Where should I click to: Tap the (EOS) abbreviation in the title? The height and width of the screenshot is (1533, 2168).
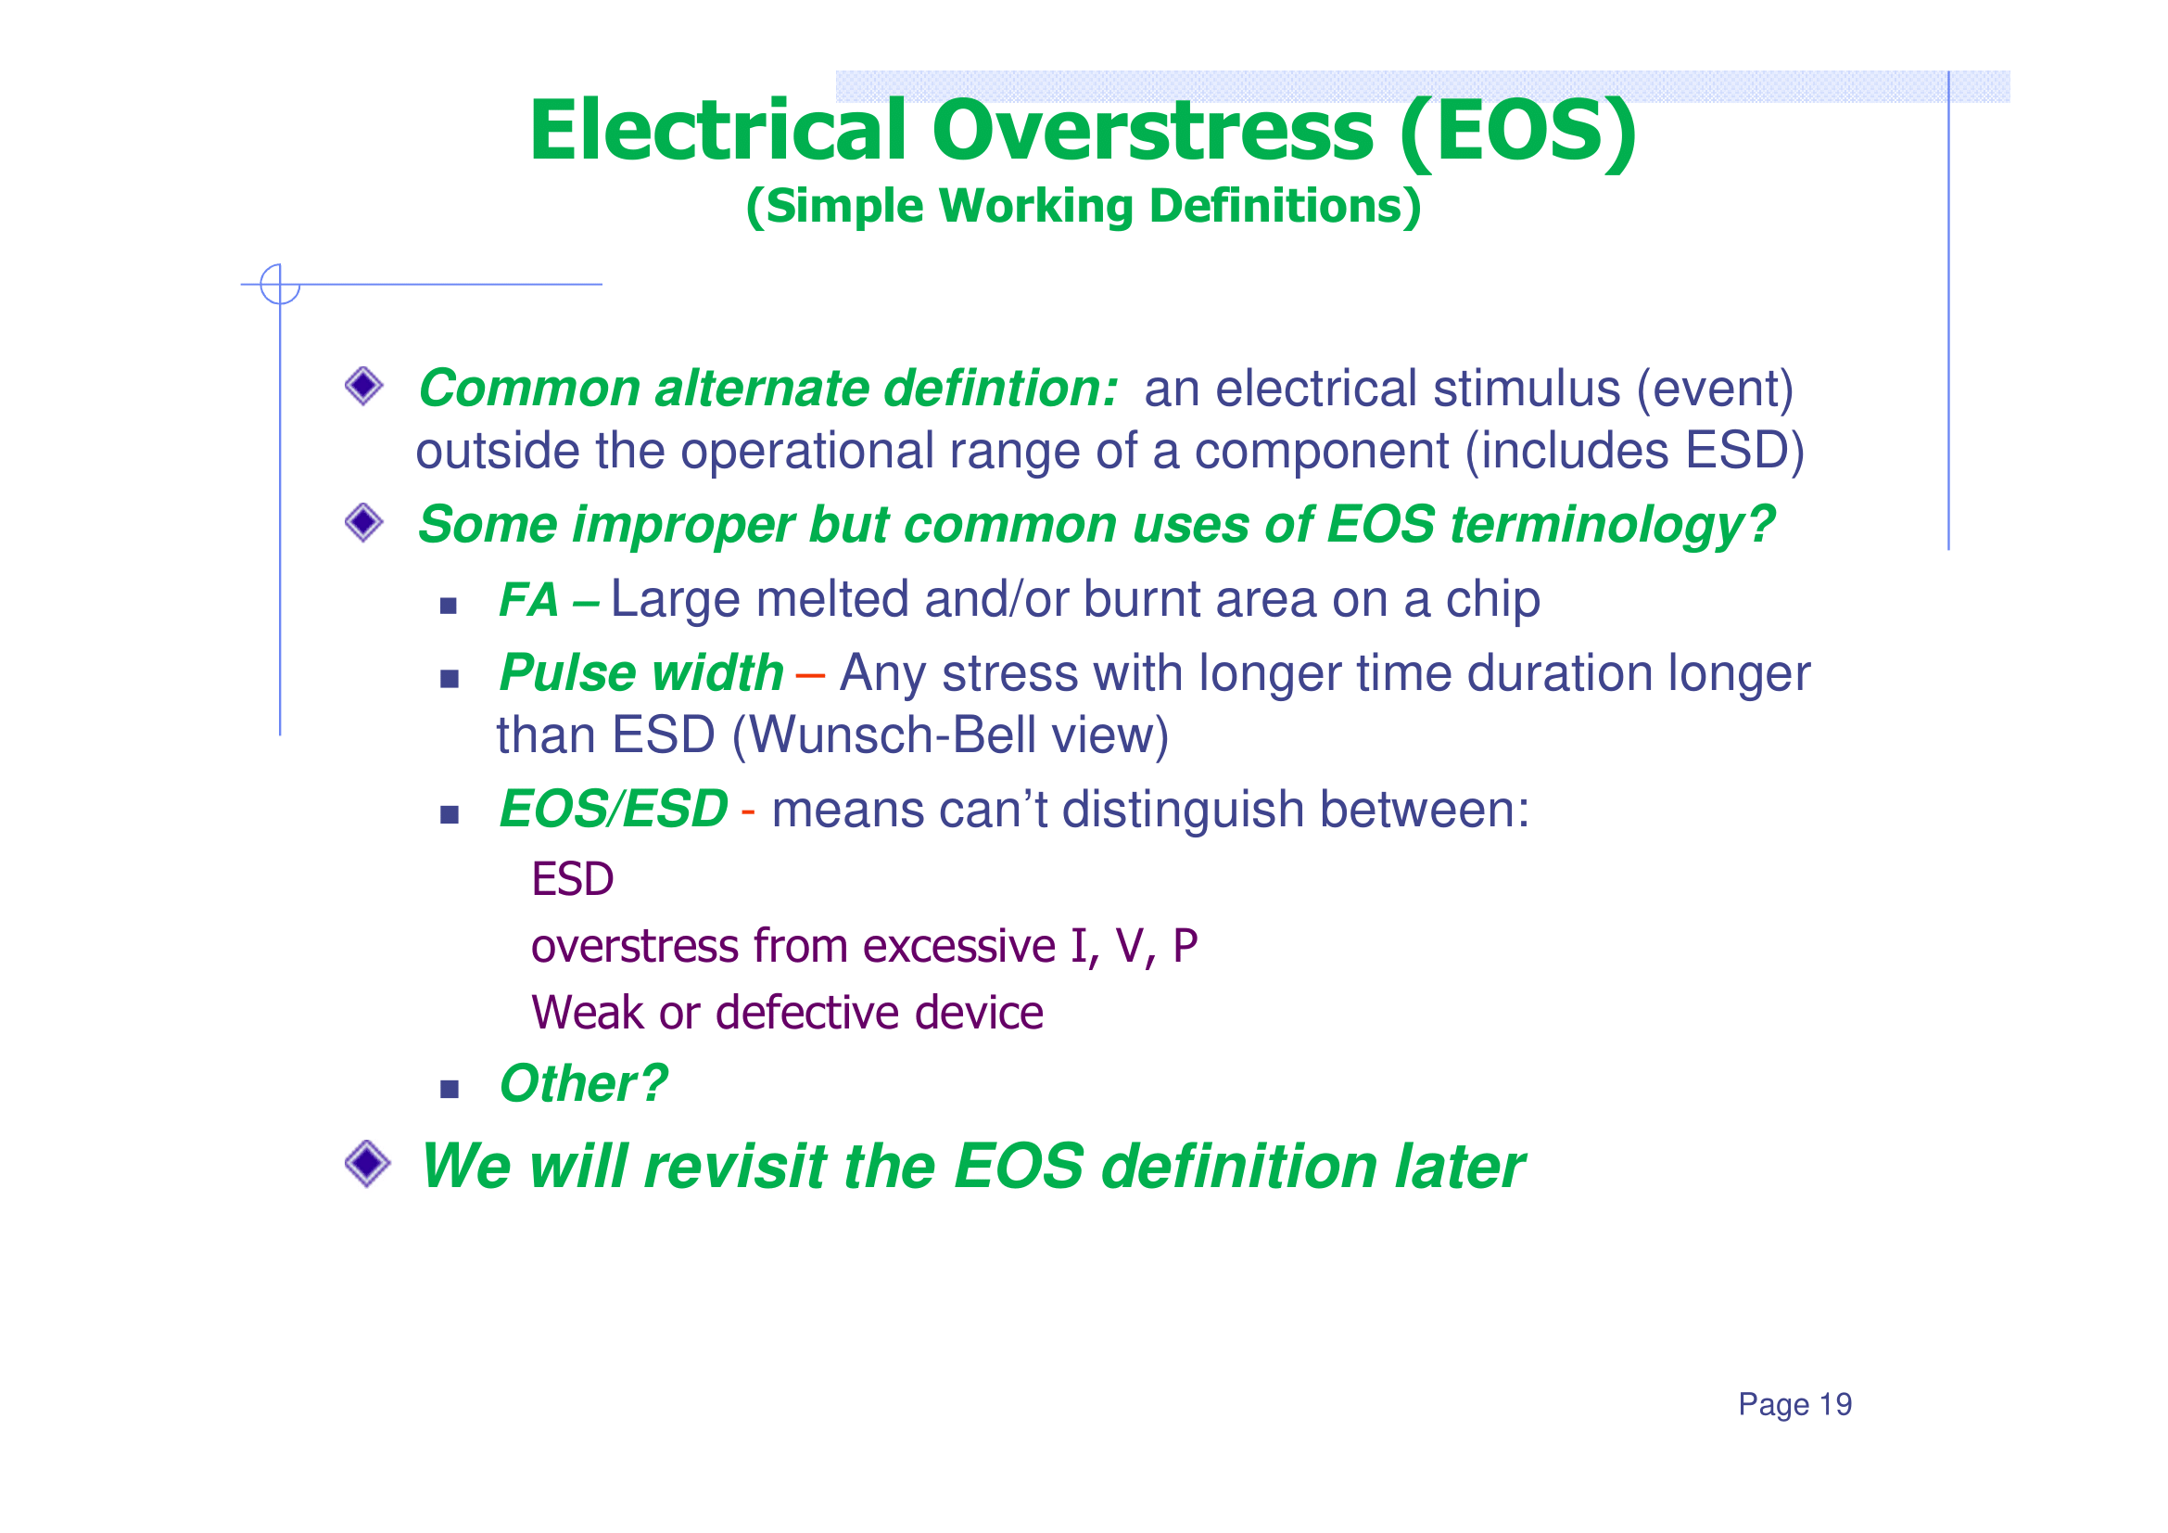[1517, 134]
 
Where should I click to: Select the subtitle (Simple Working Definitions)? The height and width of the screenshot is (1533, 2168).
[1083, 206]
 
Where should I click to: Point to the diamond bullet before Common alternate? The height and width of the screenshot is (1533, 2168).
[363, 386]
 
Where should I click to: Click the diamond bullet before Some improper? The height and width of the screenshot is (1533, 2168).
[363, 522]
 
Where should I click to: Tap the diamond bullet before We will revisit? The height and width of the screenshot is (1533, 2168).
[367, 1163]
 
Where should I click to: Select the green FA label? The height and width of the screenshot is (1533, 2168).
[528, 601]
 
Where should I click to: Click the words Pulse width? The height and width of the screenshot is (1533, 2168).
[640, 673]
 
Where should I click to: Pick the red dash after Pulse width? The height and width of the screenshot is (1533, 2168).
[810, 675]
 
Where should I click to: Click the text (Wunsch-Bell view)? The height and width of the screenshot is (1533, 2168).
[950, 735]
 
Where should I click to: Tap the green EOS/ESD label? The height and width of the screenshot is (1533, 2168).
[613, 810]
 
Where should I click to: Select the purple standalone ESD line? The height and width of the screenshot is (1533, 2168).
[572, 879]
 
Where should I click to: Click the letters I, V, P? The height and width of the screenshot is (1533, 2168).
[1133, 947]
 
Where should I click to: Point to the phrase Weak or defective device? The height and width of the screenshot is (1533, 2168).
[787, 1014]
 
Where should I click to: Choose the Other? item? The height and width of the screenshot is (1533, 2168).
[583, 1083]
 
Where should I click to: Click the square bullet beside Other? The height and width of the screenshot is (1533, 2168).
[450, 1090]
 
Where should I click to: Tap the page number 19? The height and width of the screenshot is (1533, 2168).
[1834, 1404]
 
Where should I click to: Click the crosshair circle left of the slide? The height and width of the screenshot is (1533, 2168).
[280, 285]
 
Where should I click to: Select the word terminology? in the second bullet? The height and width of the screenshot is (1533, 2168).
[1612, 525]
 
